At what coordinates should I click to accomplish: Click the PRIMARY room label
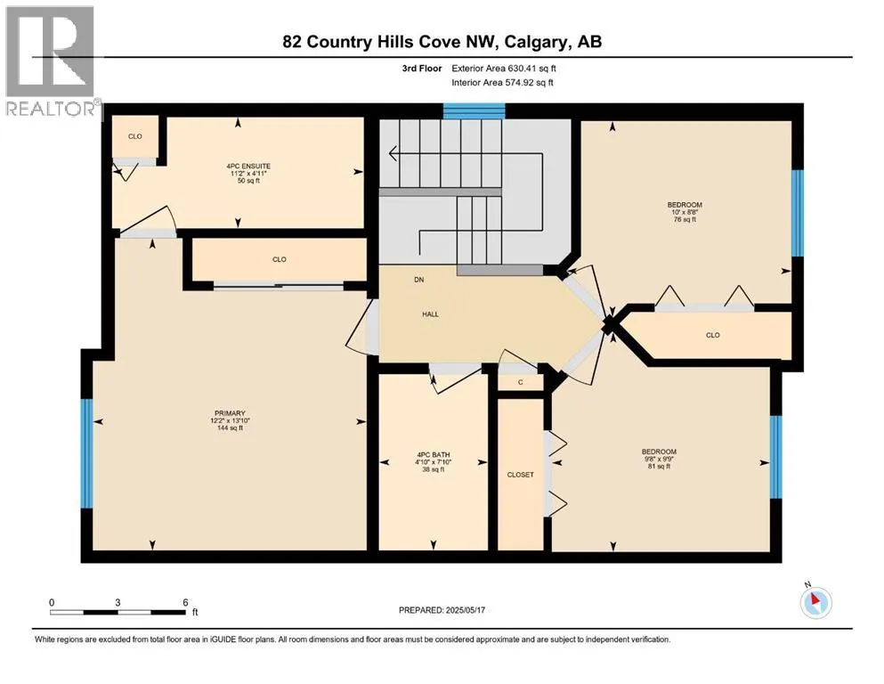click(227, 412)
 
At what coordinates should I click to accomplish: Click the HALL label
click(430, 313)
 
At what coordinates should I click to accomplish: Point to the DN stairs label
click(419, 280)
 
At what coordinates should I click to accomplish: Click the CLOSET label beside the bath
click(520, 475)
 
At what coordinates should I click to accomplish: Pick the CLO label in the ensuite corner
click(134, 136)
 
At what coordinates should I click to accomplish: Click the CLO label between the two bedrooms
click(712, 335)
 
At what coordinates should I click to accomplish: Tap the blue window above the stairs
click(474, 111)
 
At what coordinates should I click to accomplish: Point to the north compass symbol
click(815, 602)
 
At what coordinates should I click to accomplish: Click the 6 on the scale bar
click(184, 602)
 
